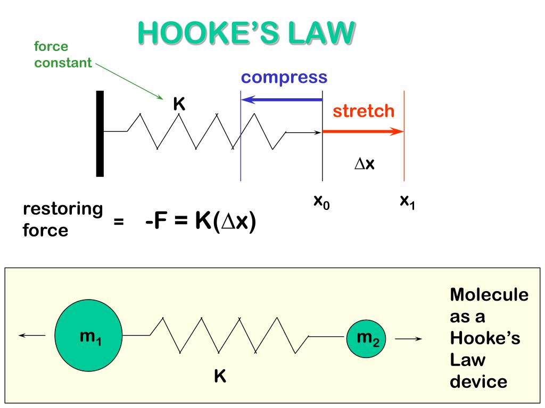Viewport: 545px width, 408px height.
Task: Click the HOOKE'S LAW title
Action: [x=245, y=33]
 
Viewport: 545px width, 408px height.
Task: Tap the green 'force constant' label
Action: [x=63, y=55]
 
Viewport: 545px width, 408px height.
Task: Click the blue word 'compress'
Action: [x=284, y=78]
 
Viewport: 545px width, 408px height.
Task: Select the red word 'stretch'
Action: [x=364, y=111]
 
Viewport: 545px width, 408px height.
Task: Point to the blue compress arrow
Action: [x=282, y=99]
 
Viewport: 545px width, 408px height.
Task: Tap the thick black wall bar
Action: [x=100, y=133]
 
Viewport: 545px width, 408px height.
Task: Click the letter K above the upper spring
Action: [x=179, y=105]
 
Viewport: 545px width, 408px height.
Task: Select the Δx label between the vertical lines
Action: [x=365, y=164]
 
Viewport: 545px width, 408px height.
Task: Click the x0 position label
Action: [x=321, y=202]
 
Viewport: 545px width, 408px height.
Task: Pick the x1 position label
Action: [x=407, y=202]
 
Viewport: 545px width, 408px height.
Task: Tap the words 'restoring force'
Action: [x=62, y=219]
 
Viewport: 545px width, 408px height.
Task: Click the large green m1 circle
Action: [x=89, y=336]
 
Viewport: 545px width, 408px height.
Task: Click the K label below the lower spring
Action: [x=220, y=377]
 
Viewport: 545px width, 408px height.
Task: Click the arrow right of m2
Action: [x=409, y=339]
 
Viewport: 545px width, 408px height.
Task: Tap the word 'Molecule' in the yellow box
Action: [x=489, y=295]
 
